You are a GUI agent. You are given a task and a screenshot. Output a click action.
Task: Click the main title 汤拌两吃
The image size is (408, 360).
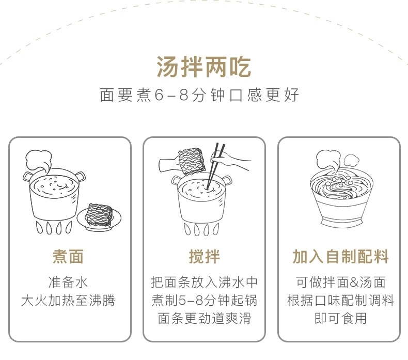click(203, 67)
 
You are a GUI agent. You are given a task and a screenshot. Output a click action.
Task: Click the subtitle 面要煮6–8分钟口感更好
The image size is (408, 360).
click(199, 95)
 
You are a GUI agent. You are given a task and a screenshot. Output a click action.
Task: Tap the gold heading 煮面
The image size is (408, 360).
click(68, 256)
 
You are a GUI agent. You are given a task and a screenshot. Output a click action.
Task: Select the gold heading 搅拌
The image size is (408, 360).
click(205, 256)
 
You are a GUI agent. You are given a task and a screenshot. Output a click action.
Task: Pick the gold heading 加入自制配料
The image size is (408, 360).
click(341, 256)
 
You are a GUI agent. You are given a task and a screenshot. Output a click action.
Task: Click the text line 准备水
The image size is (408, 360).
click(68, 282)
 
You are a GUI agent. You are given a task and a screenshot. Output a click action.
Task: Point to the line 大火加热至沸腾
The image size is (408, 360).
click(68, 300)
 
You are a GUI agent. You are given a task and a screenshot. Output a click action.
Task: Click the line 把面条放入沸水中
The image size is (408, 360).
click(205, 282)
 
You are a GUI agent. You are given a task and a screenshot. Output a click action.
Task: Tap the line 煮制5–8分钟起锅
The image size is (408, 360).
click(205, 300)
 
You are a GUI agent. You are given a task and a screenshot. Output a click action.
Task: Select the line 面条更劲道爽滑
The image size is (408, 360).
click(205, 318)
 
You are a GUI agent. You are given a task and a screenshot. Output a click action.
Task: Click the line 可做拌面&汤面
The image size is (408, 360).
click(341, 282)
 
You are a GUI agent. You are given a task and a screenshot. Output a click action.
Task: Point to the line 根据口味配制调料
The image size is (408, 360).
click(341, 300)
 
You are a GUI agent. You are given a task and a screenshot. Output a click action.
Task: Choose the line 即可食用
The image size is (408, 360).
click(341, 318)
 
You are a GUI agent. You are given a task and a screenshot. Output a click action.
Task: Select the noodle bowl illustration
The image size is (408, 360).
click(341, 198)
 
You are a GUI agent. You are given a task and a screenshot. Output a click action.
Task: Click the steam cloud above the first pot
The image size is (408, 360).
click(39, 161)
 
